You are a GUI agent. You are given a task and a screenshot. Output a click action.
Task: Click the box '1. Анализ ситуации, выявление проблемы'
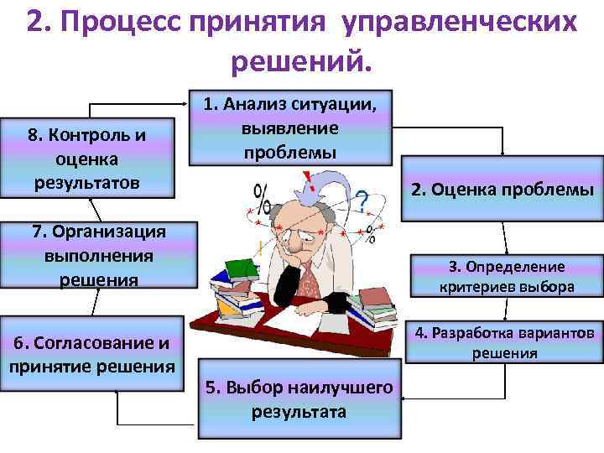289,128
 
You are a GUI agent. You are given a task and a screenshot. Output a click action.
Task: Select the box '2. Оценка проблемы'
502,190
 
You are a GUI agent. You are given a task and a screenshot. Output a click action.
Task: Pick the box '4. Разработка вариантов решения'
503,342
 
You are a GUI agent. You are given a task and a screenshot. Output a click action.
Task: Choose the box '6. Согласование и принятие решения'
91,353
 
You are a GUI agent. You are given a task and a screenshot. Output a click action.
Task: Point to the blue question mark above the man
362,200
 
